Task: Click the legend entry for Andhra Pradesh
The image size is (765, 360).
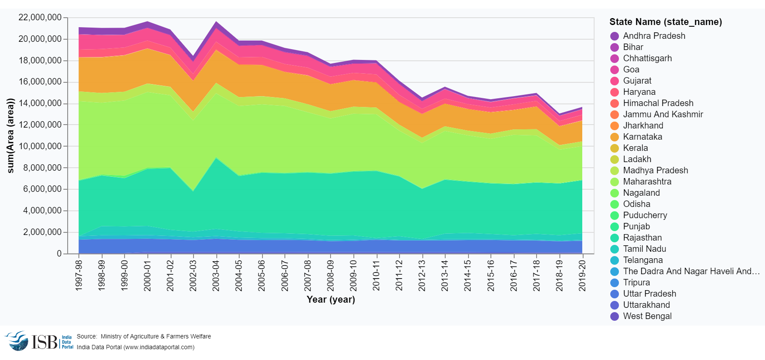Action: click(x=653, y=36)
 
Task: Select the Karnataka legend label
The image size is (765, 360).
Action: click(x=642, y=137)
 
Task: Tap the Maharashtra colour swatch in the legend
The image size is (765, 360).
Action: click(x=615, y=182)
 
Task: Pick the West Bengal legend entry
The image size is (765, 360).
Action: click(x=647, y=316)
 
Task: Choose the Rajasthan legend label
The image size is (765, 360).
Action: click(x=642, y=238)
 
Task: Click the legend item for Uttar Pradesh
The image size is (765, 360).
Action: click(x=649, y=294)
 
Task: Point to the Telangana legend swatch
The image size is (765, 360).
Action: click(x=615, y=260)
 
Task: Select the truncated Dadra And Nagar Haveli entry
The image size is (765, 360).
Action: click(x=691, y=271)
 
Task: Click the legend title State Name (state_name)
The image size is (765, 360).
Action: click(x=665, y=22)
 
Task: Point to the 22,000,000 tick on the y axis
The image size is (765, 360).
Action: click(x=40, y=18)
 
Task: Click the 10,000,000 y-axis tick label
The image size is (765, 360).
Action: click(x=40, y=146)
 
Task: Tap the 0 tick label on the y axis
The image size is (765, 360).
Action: click(x=59, y=254)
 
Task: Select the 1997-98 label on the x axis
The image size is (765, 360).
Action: click(x=79, y=275)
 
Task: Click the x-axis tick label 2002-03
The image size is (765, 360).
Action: click(x=193, y=275)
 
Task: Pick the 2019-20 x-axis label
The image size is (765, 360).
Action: click(x=582, y=275)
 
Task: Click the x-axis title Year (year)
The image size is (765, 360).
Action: click(x=331, y=299)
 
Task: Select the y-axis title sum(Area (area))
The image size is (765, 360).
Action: click(x=11, y=136)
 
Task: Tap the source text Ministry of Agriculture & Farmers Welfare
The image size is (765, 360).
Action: click(x=156, y=336)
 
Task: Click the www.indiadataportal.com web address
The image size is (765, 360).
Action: click(x=159, y=347)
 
